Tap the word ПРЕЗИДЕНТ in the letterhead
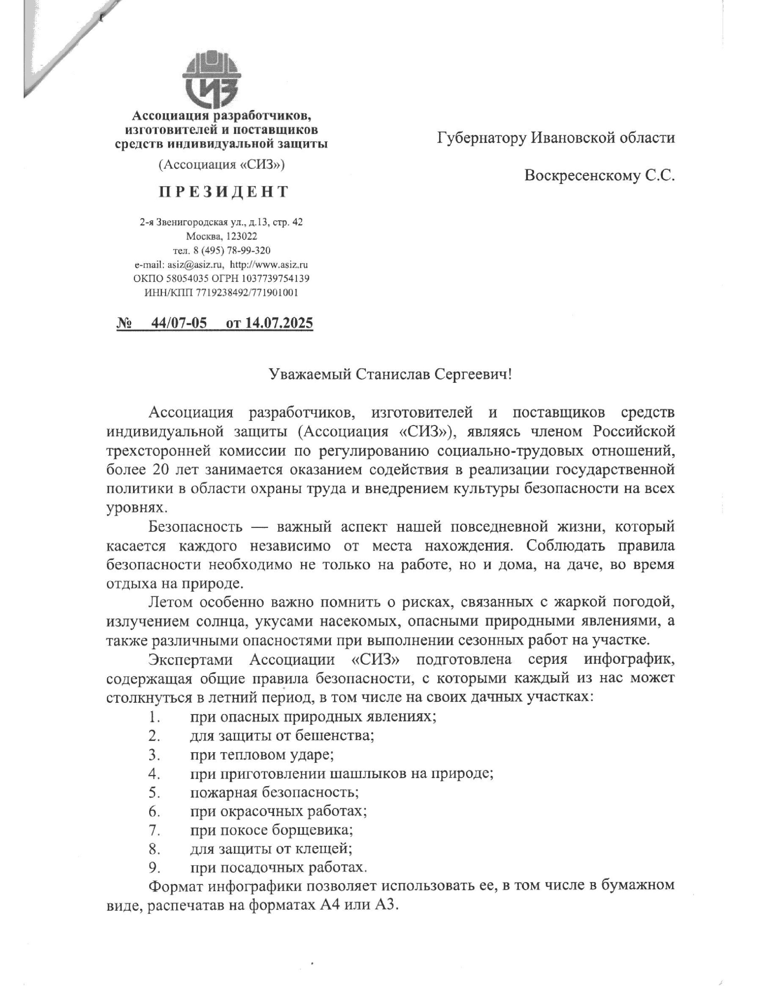223,192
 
